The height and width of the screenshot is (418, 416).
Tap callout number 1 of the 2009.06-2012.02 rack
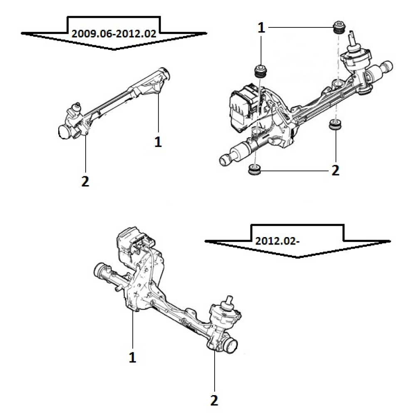pos(158,141)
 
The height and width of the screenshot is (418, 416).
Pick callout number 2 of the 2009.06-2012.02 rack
pos(85,181)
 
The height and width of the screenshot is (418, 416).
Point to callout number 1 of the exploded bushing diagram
pos(261,28)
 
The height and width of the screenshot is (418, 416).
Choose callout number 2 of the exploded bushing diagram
pos(334,170)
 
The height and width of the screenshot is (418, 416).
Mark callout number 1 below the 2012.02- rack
pos(132,357)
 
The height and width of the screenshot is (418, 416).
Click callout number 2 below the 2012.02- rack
pos(214,401)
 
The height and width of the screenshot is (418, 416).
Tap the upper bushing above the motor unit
pos(260,71)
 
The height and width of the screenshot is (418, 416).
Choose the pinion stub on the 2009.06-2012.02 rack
pos(76,109)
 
